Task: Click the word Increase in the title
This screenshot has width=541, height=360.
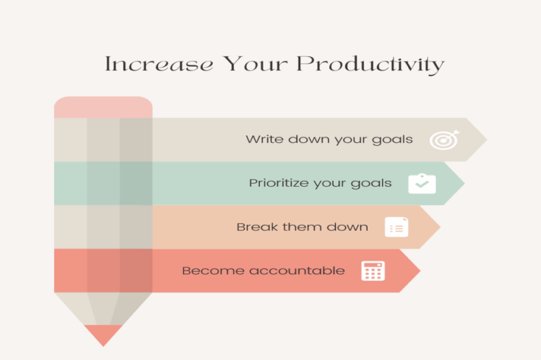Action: [x=158, y=65]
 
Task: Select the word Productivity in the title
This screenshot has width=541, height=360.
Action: [x=370, y=66]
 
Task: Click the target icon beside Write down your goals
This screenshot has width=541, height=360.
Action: [x=444, y=139]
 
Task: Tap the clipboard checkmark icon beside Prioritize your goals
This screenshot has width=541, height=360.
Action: [x=422, y=184]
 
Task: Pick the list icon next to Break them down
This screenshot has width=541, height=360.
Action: [x=397, y=227]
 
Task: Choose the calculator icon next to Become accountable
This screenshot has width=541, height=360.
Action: [x=373, y=271]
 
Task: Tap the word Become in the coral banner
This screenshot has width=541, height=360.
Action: [x=206, y=271]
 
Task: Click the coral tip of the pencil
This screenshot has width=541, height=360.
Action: [x=103, y=334]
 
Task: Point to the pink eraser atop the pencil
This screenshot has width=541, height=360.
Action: [x=103, y=107]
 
